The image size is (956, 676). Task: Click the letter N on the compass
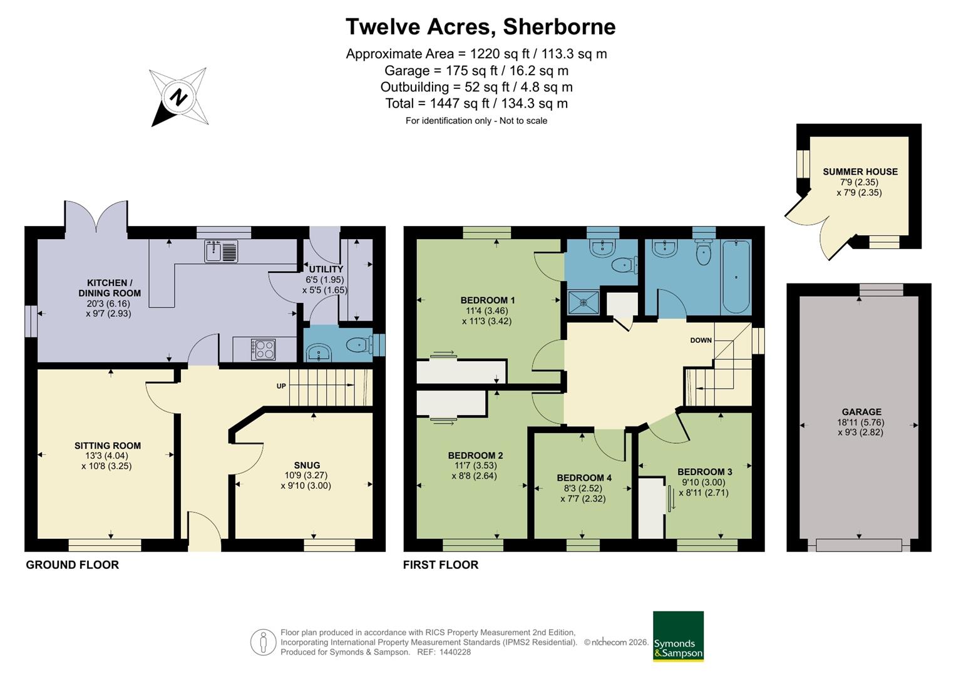pos(178,97)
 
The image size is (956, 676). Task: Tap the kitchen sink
pos(221,251)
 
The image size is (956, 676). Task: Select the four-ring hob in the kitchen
pos(264,349)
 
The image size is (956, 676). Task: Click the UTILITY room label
pos(326,269)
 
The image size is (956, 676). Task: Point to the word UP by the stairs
pos(281,386)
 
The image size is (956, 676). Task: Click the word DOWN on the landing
pos(701,340)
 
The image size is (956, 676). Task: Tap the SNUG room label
pos(307,464)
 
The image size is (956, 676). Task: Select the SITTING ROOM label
pos(108,446)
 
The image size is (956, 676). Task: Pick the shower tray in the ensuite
pos(583,302)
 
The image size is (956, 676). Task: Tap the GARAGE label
pos(861,412)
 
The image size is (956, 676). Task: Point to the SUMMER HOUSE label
pos(860,172)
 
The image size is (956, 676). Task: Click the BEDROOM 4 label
pos(584,478)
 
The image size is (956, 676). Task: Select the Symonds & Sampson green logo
pos(678,637)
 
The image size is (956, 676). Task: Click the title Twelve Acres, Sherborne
pos(481,26)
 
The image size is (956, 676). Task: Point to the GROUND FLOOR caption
pos(73,565)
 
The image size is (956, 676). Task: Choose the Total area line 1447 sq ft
pos(476,103)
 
